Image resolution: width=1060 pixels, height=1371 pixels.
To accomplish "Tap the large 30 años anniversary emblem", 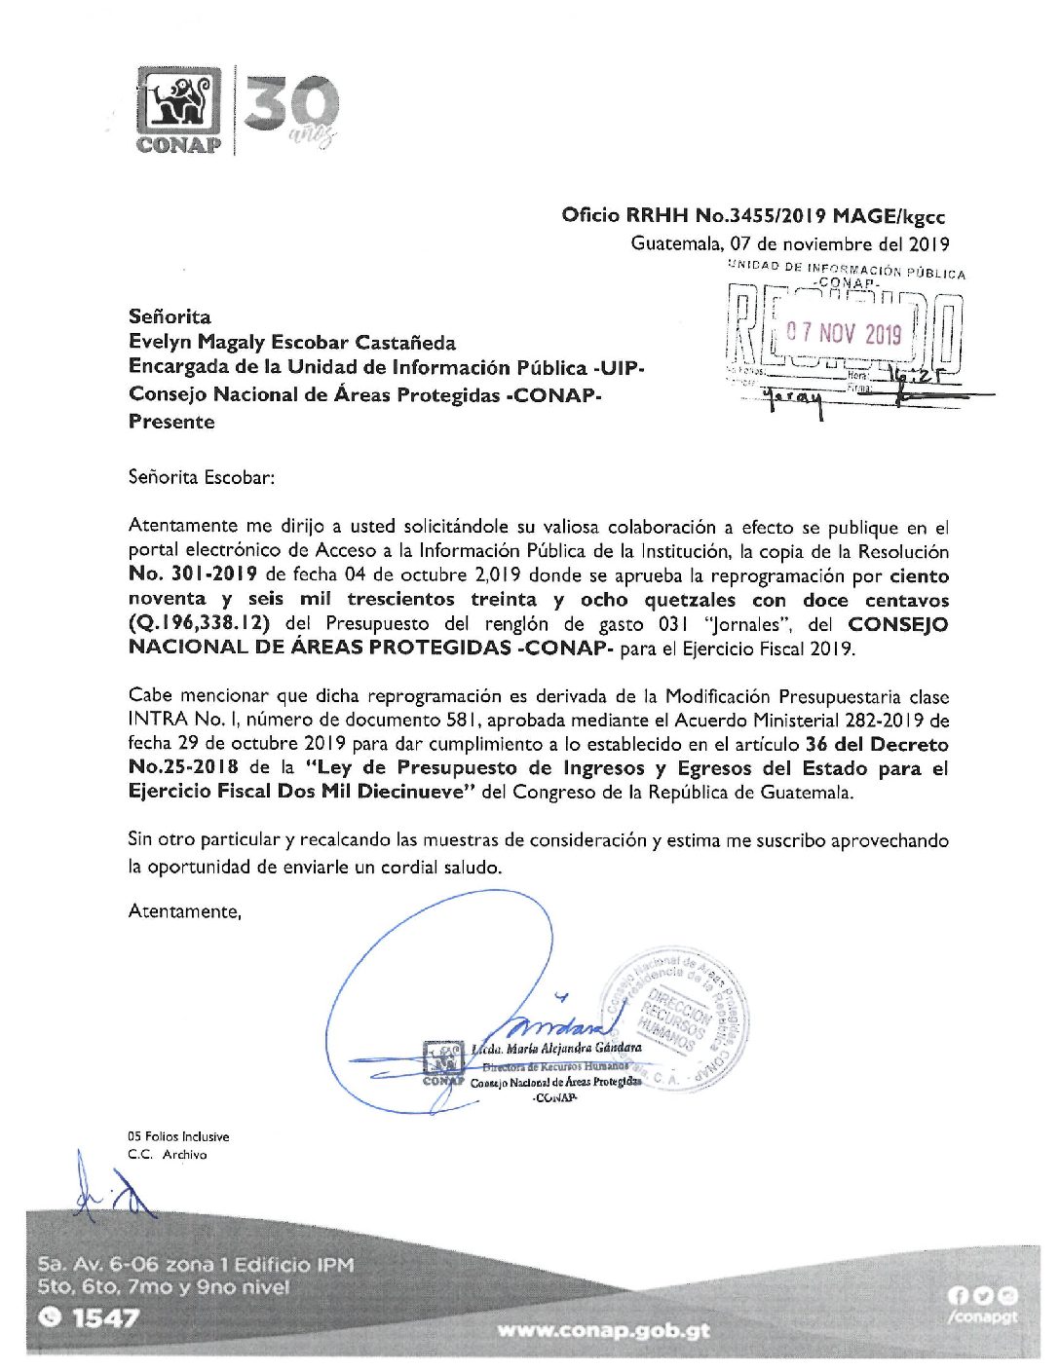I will coord(290,108).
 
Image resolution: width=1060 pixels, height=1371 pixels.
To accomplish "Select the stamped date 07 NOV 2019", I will coord(845,334).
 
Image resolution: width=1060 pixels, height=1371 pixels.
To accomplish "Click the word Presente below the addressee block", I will coord(171,422).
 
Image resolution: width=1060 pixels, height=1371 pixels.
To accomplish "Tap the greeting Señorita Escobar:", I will coord(202,477).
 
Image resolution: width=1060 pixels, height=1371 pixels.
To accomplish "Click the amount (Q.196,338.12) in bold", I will coord(199,624).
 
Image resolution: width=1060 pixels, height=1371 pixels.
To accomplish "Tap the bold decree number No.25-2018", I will coord(183,767).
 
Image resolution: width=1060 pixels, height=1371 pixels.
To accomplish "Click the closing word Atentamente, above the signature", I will coord(184,911).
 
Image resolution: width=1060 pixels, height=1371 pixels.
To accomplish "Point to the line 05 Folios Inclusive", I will coord(178,1136).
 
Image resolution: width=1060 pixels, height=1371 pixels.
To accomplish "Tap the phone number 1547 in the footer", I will coord(104,1317).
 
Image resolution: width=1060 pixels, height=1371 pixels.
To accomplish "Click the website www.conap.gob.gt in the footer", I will coord(603,1329).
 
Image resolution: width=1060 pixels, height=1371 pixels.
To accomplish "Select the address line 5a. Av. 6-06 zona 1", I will coord(195,1265).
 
